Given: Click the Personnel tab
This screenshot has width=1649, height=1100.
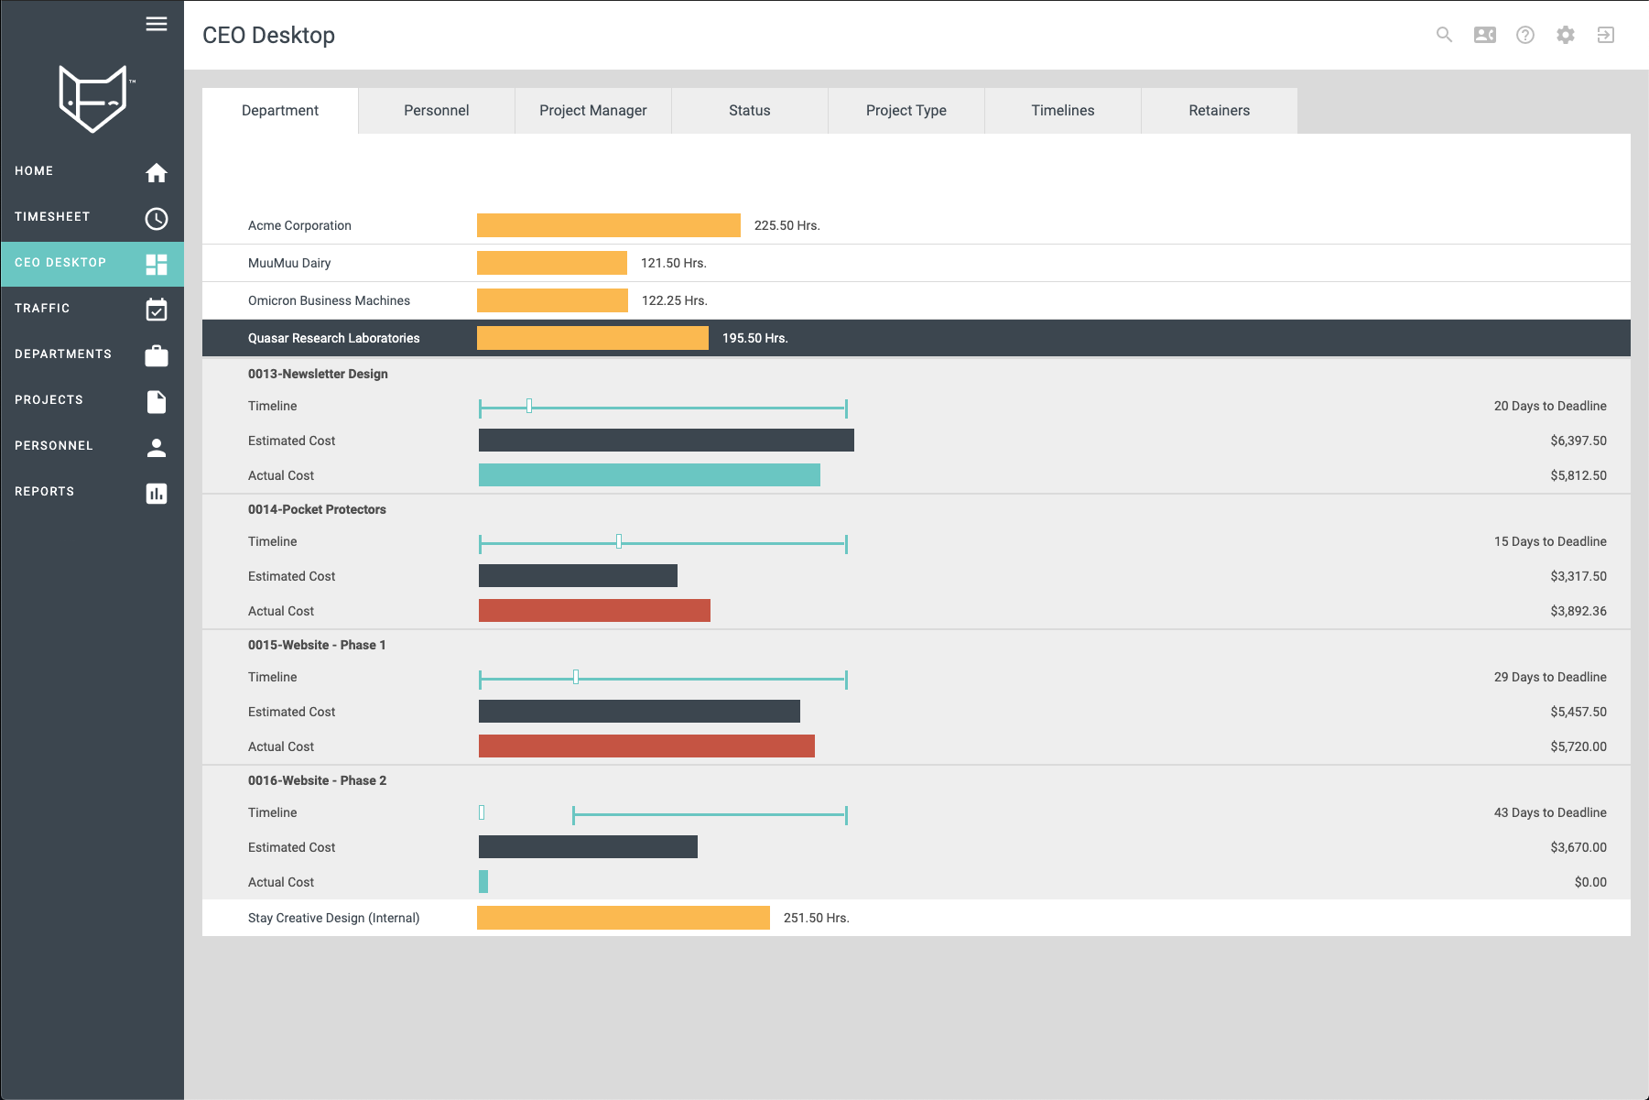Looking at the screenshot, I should pyautogui.click(x=436, y=111).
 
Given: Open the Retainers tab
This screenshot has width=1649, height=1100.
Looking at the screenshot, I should pyautogui.click(x=1219, y=111).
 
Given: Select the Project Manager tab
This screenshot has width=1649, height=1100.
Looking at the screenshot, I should pyautogui.click(x=592, y=111).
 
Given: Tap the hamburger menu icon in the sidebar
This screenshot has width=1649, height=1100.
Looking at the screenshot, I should pyautogui.click(x=157, y=25).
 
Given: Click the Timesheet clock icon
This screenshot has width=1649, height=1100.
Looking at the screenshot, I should pyautogui.click(x=157, y=219).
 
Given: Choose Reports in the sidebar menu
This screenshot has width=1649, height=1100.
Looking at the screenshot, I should pyautogui.click(x=45, y=492).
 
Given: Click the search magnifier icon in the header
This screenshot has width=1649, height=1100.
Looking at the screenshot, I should pyautogui.click(x=1444, y=35).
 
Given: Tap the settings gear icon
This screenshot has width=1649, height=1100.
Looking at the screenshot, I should pyautogui.click(x=1565, y=35).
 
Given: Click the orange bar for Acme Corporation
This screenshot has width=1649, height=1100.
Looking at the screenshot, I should pyautogui.click(x=608, y=225).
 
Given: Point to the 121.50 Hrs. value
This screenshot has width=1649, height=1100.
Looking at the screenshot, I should pyautogui.click(x=673, y=264).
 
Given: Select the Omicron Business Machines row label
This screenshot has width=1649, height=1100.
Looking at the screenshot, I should pyautogui.click(x=329, y=301).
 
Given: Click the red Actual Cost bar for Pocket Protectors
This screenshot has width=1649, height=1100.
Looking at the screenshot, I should pyautogui.click(x=594, y=611).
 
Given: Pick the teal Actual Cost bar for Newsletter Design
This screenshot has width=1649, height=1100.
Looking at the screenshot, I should pyautogui.click(x=649, y=475).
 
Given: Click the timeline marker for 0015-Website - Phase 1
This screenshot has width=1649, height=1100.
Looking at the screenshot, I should pyautogui.click(x=576, y=678).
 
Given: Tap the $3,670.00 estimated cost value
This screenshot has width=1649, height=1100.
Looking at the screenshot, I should pyautogui.click(x=1578, y=848).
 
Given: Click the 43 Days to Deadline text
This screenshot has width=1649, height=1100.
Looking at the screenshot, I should pyautogui.click(x=1549, y=813).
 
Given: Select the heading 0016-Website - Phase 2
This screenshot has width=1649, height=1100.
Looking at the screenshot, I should pyautogui.click(x=317, y=781).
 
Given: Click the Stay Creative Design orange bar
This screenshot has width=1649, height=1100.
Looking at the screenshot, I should pyautogui.click(x=623, y=918).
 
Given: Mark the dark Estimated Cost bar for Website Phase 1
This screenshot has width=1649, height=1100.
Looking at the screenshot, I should pyautogui.click(x=639, y=712).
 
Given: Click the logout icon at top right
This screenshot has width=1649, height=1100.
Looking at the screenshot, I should pyautogui.click(x=1605, y=35).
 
